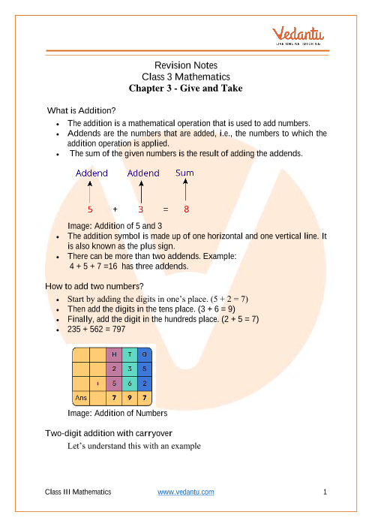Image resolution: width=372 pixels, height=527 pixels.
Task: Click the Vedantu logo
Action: [298, 35]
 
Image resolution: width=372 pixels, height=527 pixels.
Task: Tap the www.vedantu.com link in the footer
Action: [186, 492]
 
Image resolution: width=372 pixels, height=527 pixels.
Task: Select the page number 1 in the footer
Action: [325, 492]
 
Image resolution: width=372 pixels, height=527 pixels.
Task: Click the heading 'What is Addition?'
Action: [81, 110]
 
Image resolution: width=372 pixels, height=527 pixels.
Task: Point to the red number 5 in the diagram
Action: [90, 209]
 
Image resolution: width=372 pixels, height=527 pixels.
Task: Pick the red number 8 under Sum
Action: [186, 209]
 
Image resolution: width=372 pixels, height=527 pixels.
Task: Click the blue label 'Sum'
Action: [184, 173]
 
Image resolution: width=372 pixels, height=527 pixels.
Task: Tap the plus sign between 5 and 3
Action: [115, 209]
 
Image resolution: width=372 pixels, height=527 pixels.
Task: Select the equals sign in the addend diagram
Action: [166, 209]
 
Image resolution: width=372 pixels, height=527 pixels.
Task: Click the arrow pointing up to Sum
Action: [185, 190]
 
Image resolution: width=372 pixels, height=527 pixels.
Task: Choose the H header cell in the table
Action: [114, 354]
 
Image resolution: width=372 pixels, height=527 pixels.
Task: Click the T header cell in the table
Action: [130, 354]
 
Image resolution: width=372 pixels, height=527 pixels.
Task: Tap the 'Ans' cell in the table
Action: [81, 398]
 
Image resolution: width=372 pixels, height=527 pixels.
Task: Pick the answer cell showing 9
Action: [130, 398]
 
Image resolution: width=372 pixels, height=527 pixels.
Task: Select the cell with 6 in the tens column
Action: [130, 384]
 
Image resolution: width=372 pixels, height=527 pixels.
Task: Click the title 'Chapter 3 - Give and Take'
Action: [186, 89]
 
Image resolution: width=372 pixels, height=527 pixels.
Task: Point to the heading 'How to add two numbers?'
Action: [94, 286]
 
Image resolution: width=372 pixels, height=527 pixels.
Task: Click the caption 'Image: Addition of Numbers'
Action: [118, 413]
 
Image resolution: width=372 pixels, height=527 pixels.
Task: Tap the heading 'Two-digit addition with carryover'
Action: [109, 433]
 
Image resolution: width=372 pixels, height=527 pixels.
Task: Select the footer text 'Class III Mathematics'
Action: [78, 492]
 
